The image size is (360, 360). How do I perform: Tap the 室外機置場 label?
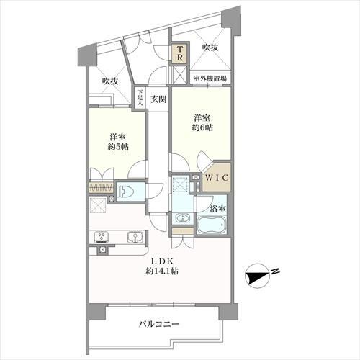210,78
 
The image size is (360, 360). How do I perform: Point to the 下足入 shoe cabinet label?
140,96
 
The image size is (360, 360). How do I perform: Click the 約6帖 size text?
202,127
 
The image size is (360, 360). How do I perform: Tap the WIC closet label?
215,177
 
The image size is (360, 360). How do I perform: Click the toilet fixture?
126,192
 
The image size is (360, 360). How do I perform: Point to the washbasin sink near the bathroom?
183,218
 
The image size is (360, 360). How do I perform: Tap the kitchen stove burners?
100,236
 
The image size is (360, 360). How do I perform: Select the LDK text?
161,261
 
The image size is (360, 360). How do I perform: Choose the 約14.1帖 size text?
161,272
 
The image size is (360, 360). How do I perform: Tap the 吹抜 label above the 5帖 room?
109,81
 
